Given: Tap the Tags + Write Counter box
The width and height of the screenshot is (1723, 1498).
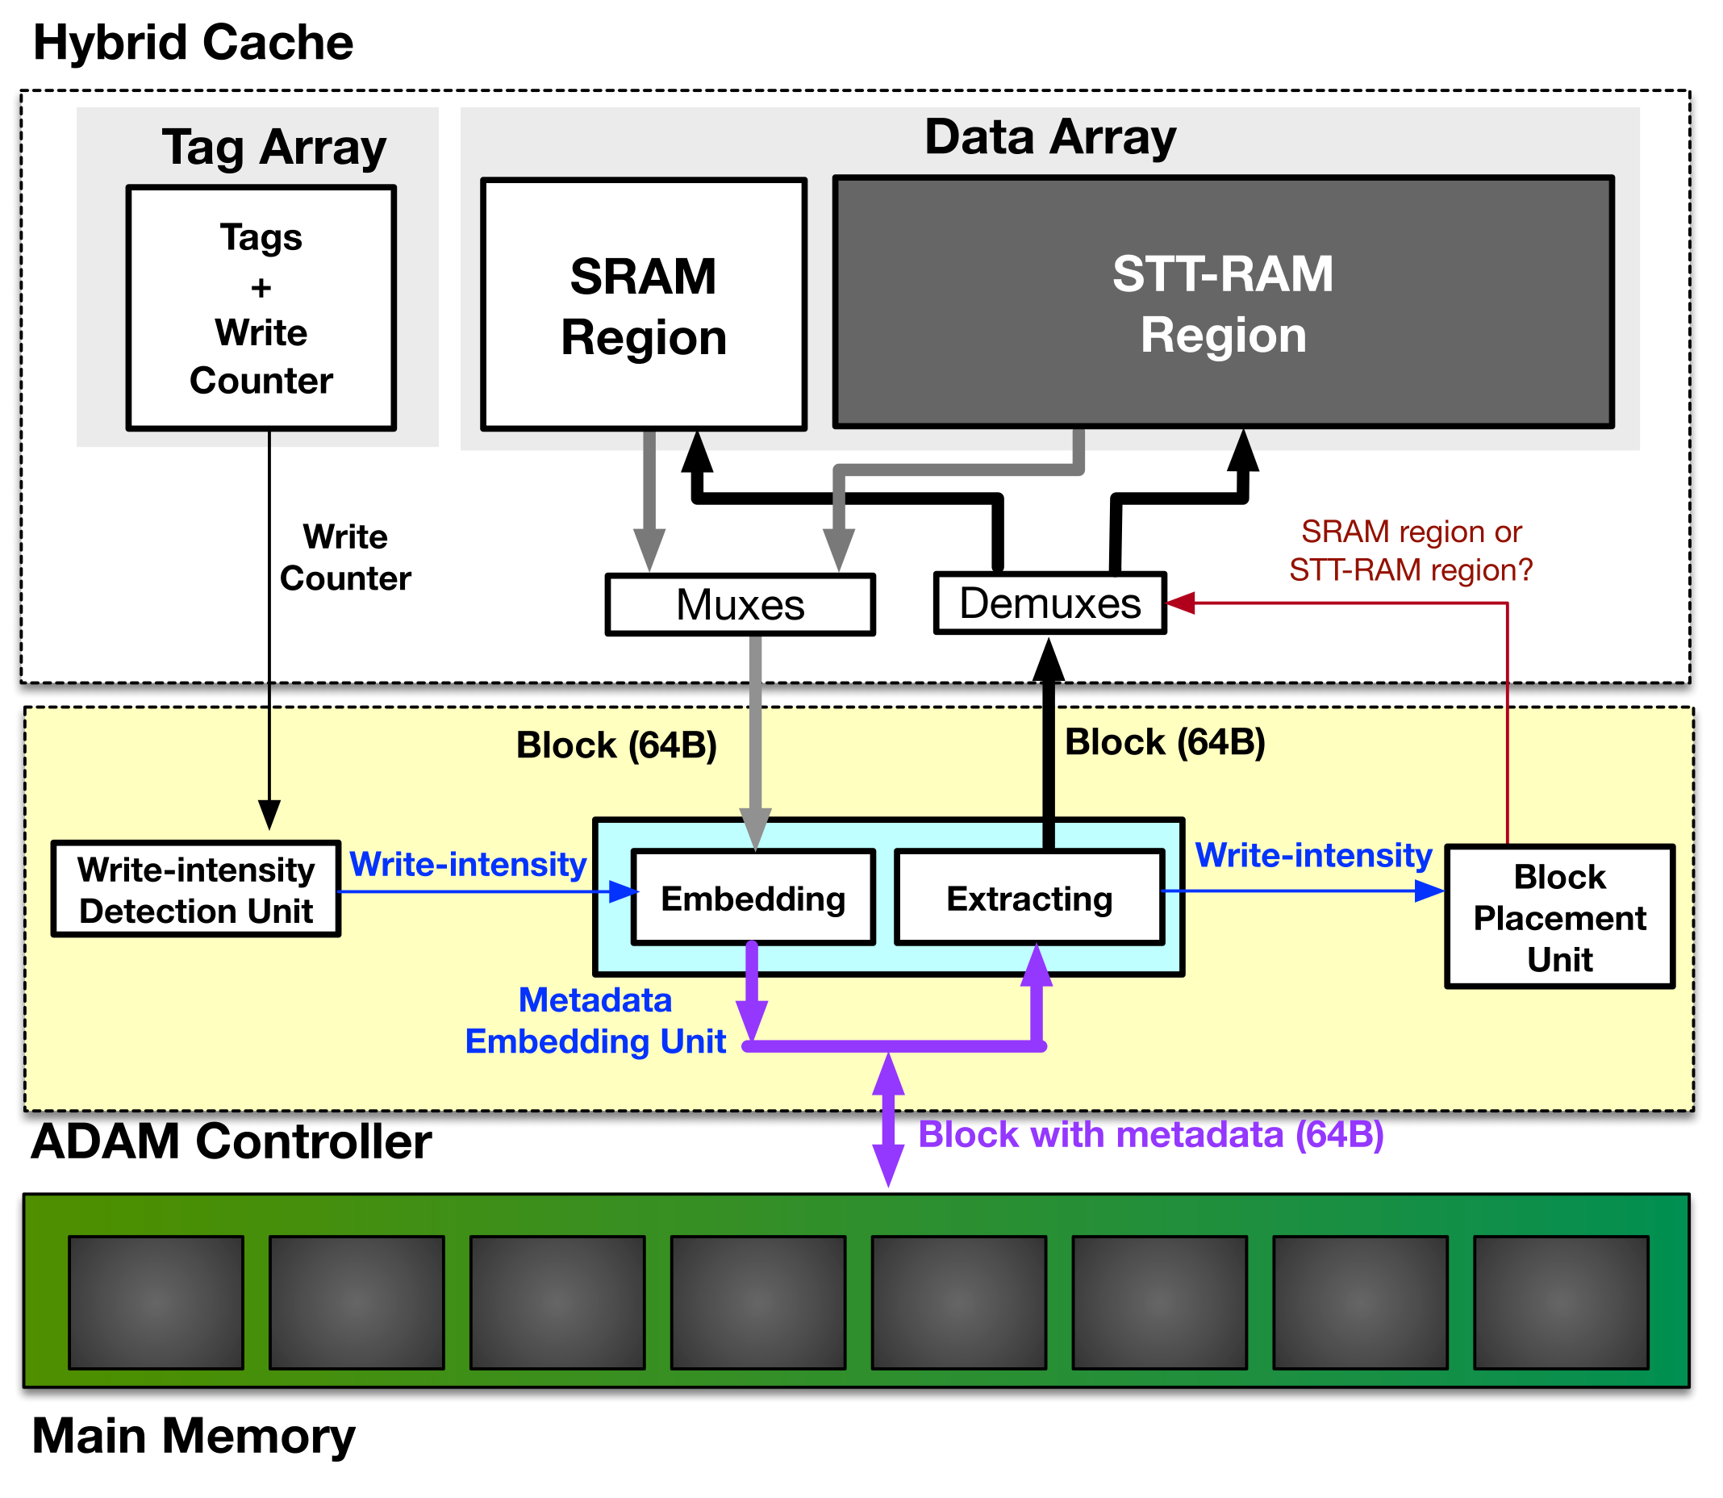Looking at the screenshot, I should [x=261, y=309].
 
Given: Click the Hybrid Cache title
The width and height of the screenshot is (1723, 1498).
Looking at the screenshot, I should [x=193, y=44].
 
